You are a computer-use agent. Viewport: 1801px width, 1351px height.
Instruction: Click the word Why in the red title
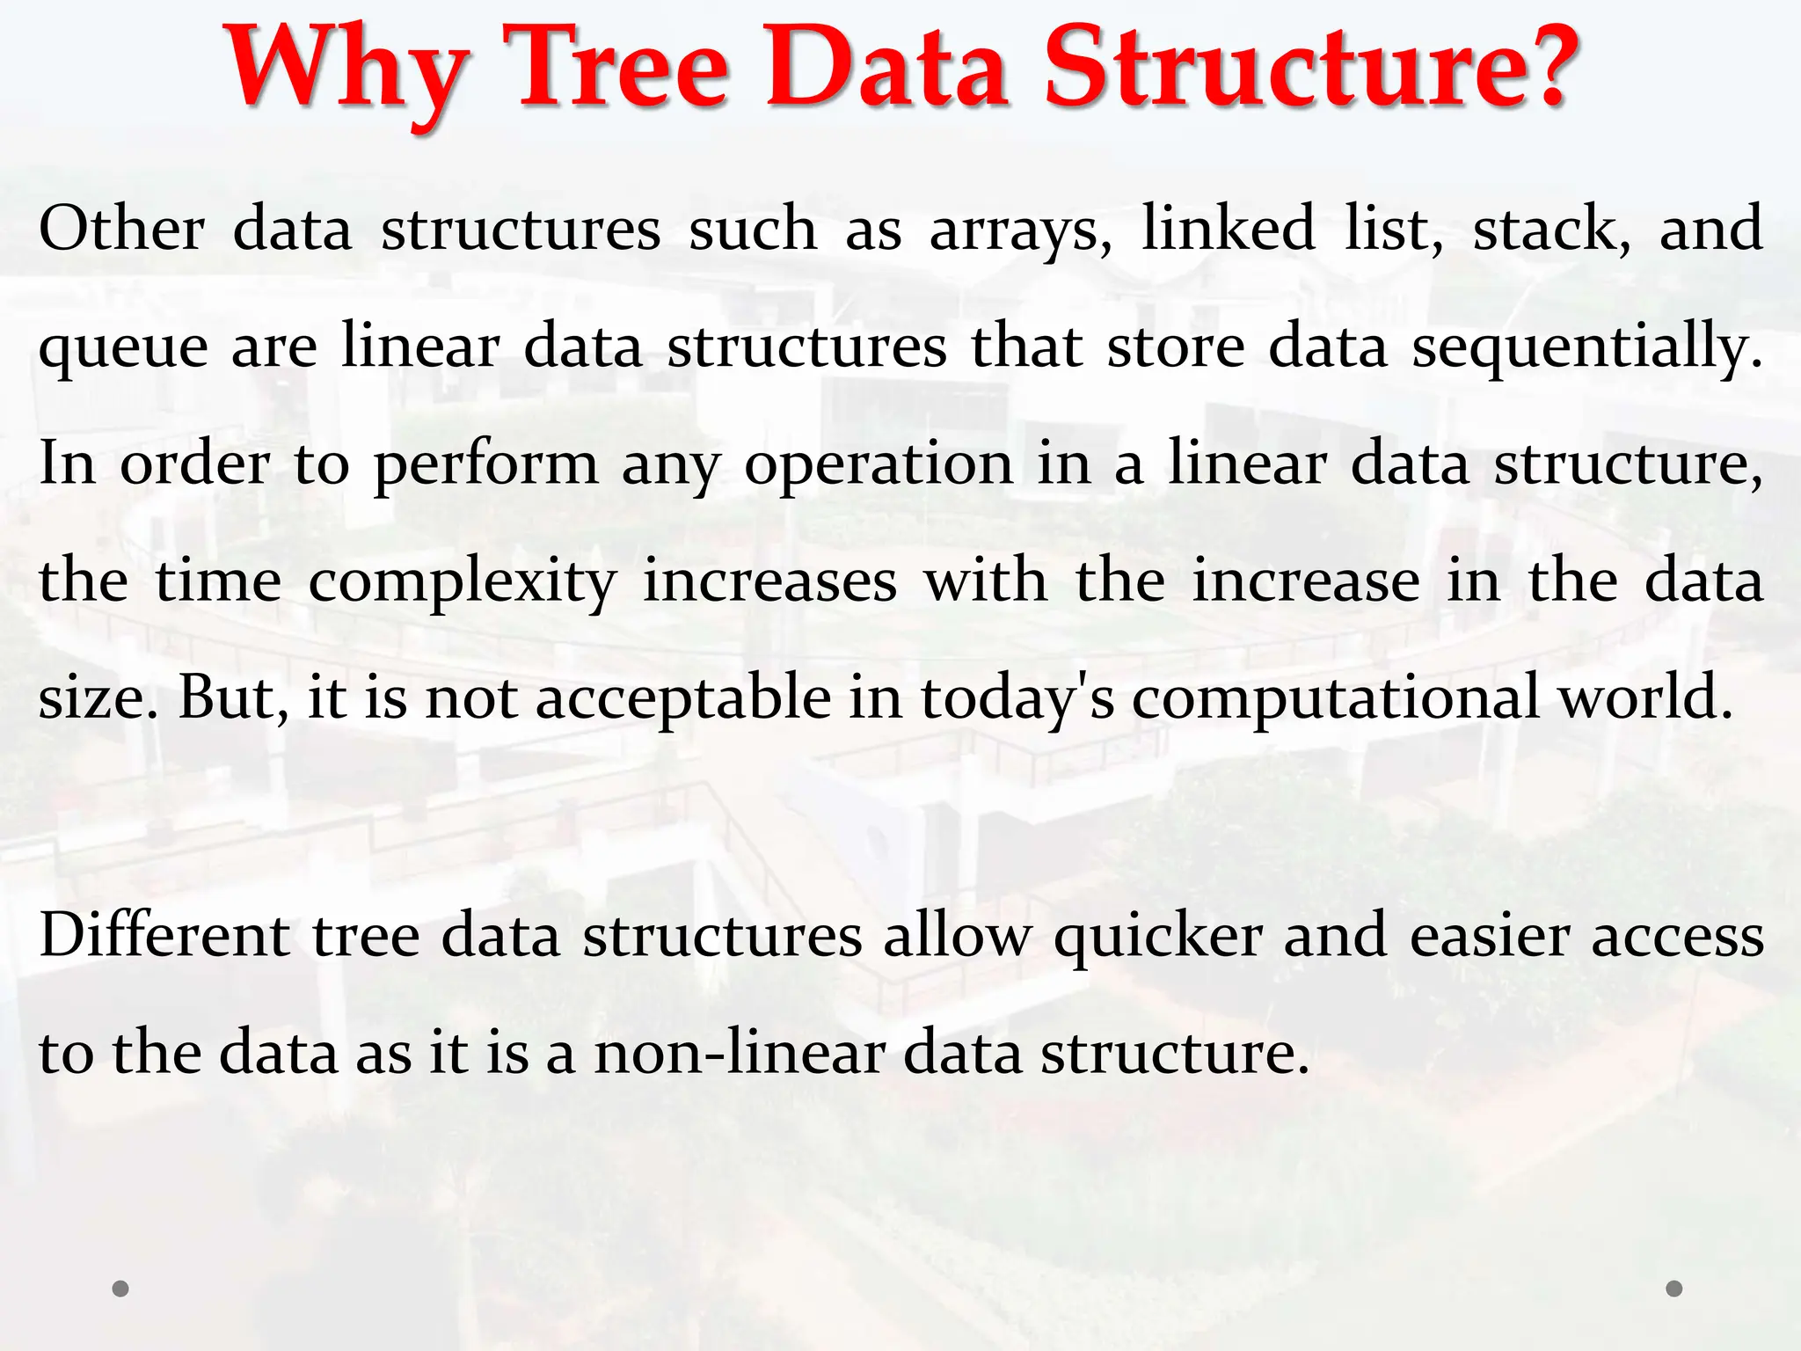348,70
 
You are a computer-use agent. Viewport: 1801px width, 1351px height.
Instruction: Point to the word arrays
1020,230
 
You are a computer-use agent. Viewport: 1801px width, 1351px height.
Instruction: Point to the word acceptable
683,700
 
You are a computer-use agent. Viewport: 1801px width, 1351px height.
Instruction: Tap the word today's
1017,700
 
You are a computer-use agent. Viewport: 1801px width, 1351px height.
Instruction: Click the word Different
164,936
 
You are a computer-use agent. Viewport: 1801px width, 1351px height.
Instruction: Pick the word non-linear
739,1053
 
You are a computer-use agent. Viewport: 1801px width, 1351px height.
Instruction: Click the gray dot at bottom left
121,1289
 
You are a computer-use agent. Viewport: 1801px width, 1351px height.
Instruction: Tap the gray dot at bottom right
1674,1289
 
